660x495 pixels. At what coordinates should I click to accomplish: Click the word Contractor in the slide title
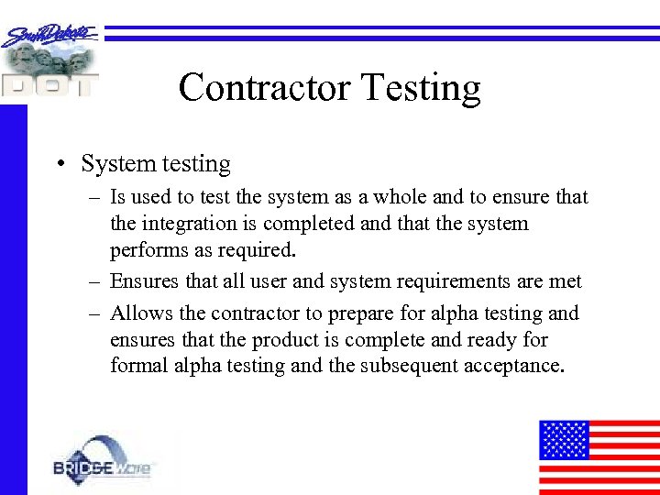tap(264, 88)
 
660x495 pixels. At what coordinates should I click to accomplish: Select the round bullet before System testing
tap(59, 165)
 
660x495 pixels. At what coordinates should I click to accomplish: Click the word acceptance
tap(518, 367)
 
